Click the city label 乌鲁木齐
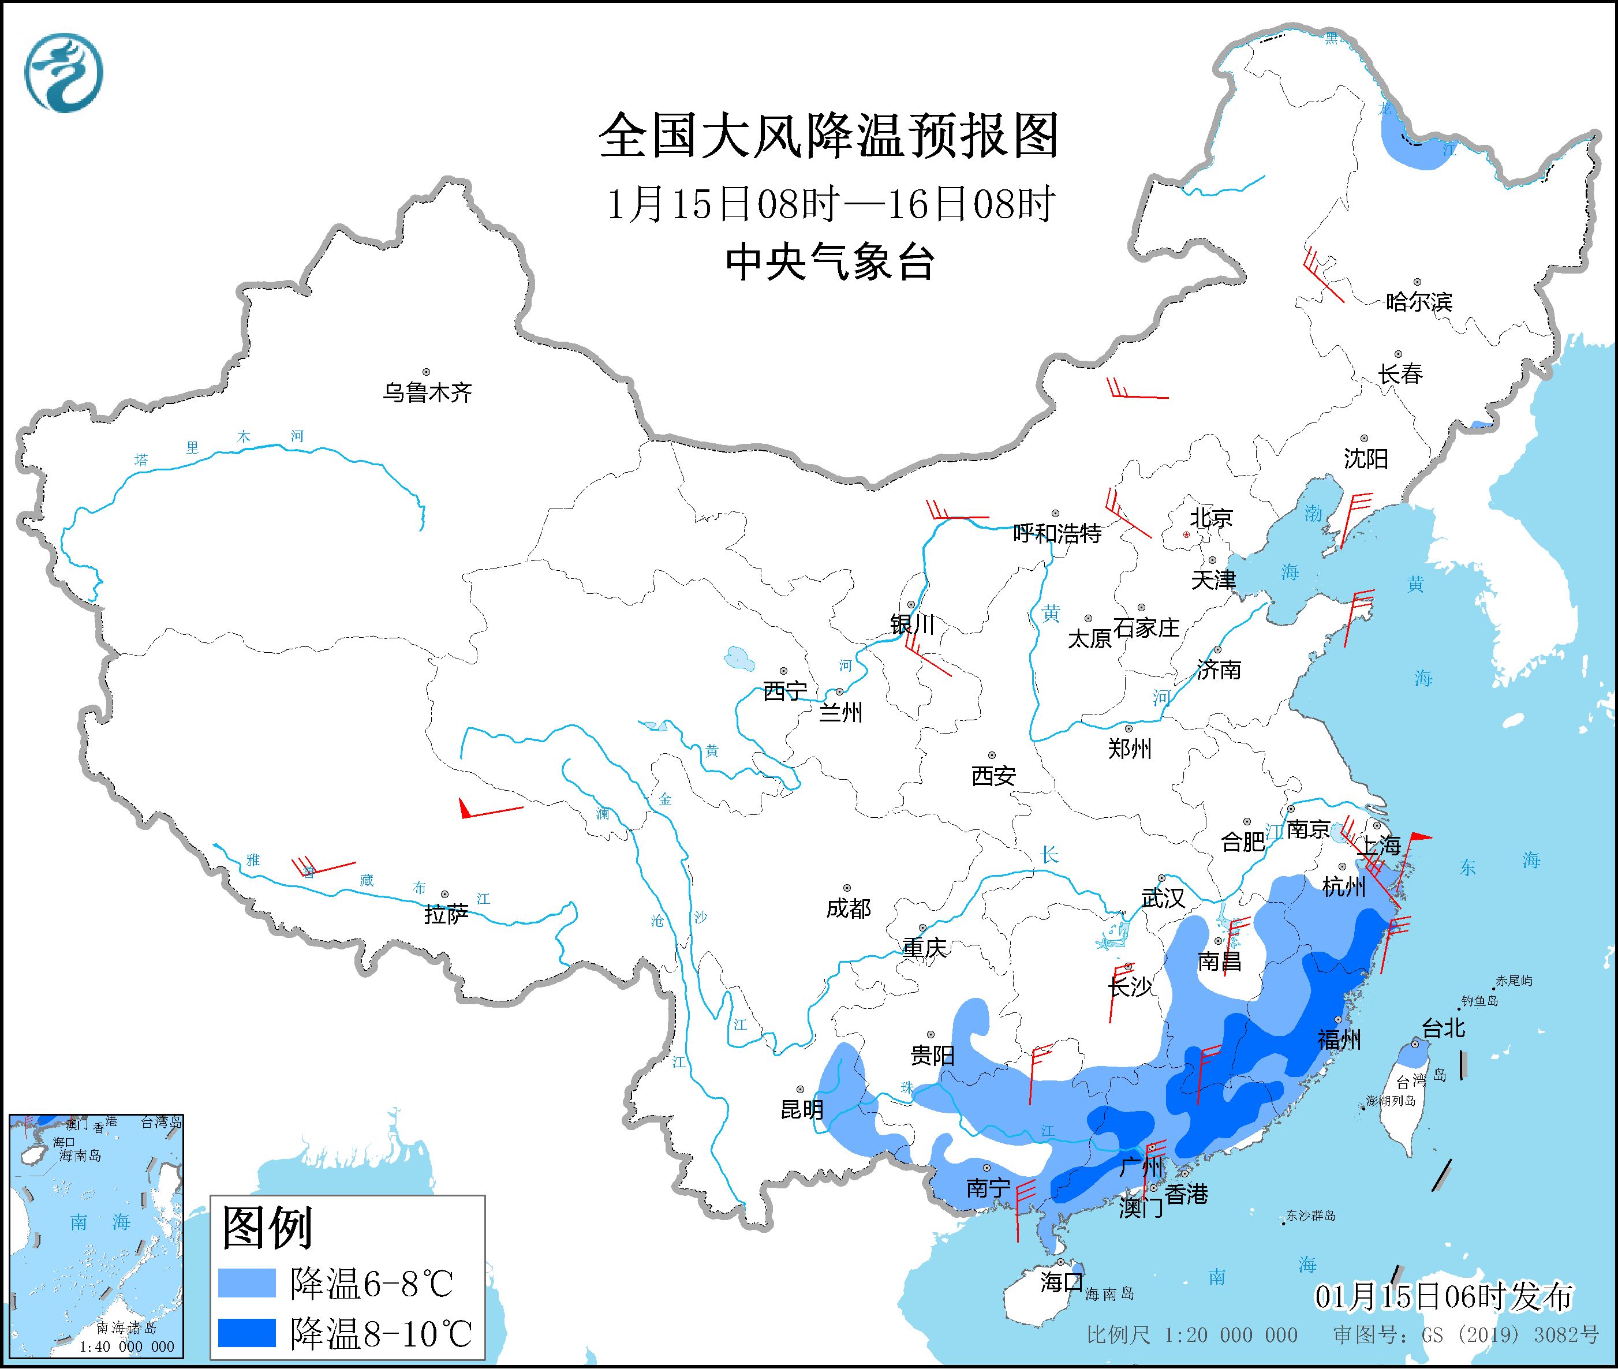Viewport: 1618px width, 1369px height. [427, 392]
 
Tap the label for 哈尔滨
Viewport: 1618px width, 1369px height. [1418, 301]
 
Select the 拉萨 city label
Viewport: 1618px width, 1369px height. [446, 914]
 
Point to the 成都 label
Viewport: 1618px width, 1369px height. [848, 907]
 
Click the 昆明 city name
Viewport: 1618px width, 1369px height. [802, 1109]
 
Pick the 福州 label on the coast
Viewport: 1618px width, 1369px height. [1339, 1038]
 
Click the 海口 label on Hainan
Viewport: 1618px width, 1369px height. [1061, 1281]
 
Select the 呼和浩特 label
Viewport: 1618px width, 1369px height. [1058, 533]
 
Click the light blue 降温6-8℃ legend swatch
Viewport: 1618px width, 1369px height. [247, 1283]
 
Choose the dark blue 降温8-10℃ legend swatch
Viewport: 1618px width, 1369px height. [247, 1333]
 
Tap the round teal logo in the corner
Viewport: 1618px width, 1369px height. [63, 72]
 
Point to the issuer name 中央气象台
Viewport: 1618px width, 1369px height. [829, 262]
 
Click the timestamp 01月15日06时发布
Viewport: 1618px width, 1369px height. [1444, 1296]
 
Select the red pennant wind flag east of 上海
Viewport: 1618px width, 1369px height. [1419, 837]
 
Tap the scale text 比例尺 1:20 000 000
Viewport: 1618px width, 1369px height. [1192, 1335]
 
